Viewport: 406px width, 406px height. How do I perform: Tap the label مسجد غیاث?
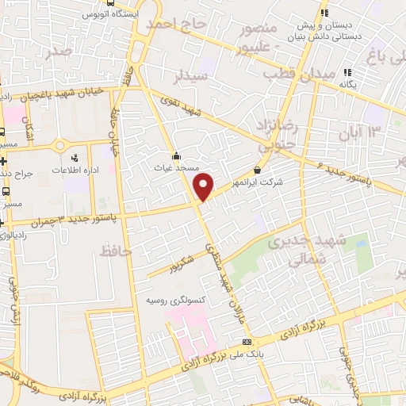[175, 168]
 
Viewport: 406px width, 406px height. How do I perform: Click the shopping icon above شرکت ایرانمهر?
[257, 170]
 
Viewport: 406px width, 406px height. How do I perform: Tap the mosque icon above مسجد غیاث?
[175, 156]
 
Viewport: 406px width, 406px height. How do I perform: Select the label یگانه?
[346, 84]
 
